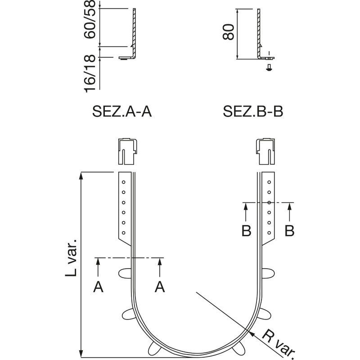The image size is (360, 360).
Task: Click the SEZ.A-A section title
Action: coord(122,112)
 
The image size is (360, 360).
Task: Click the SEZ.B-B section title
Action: coord(253,112)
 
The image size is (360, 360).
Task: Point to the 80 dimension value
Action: coord(229,31)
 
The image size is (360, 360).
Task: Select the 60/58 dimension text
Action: coord(90,19)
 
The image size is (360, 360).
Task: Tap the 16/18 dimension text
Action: coord(90,73)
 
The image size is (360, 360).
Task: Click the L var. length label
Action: coord(71,257)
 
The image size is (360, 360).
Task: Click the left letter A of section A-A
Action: coord(98,287)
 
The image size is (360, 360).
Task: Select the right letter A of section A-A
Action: coord(160,287)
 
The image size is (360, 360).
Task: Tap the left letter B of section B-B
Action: coord(246,231)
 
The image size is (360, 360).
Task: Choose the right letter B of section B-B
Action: coord(289,231)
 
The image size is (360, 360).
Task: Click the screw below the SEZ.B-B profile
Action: coord(269,67)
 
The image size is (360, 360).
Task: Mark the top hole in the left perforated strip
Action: coord(123,182)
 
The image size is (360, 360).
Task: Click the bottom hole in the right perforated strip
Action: coord(269,233)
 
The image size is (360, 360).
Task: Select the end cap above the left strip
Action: coord(128,152)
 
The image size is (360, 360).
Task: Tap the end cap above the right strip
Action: coord(265,152)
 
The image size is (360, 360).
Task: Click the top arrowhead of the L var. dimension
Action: coord(81,175)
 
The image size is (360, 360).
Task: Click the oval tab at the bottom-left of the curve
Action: coord(154,348)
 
